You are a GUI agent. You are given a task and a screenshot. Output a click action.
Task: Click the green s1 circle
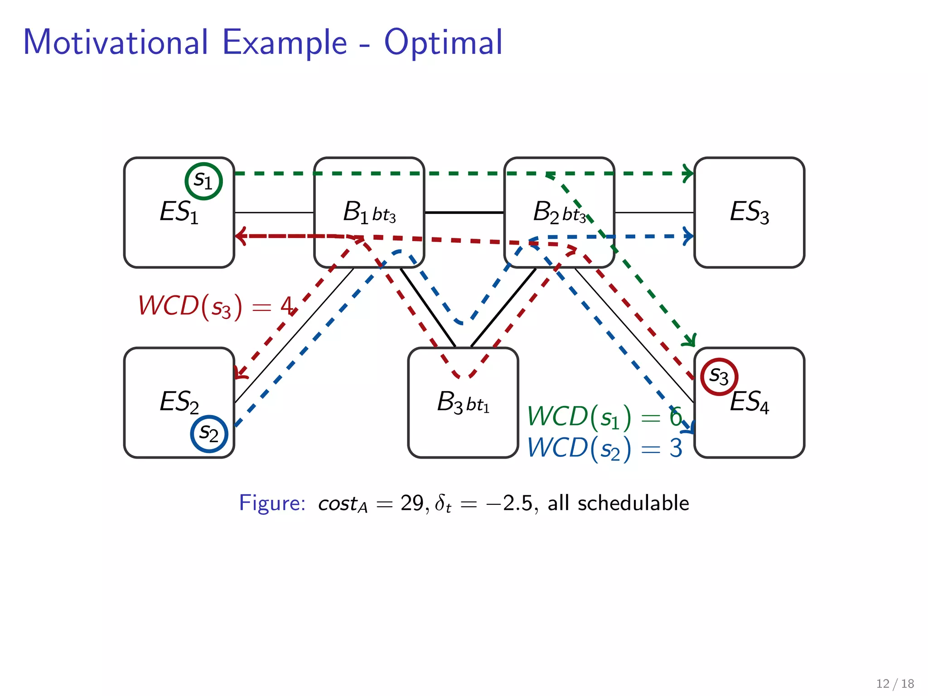(x=203, y=181)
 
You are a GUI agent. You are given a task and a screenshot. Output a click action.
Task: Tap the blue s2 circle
(x=209, y=434)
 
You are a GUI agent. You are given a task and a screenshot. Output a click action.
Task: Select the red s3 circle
(x=719, y=376)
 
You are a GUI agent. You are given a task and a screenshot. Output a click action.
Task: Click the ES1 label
(x=179, y=212)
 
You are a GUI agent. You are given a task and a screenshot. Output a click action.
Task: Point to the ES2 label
(x=179, y=402)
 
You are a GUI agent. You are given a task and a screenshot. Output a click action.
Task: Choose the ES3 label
(x=749, y=212)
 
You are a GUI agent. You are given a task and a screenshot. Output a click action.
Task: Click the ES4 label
(x=749, y=402)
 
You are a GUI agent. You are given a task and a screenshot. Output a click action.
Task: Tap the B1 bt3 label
(x=369, y=213)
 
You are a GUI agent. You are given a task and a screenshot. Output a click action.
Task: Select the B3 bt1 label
(x=463, y=402)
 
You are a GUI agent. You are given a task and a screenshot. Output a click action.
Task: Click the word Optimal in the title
(x=443, y=42)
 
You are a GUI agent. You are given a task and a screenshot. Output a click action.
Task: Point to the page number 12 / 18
(x=895, y=683)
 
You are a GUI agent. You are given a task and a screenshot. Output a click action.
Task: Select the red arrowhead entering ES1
(x=240, y=236)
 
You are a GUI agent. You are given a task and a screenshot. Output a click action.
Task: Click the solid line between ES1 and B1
(x=274, y=213)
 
